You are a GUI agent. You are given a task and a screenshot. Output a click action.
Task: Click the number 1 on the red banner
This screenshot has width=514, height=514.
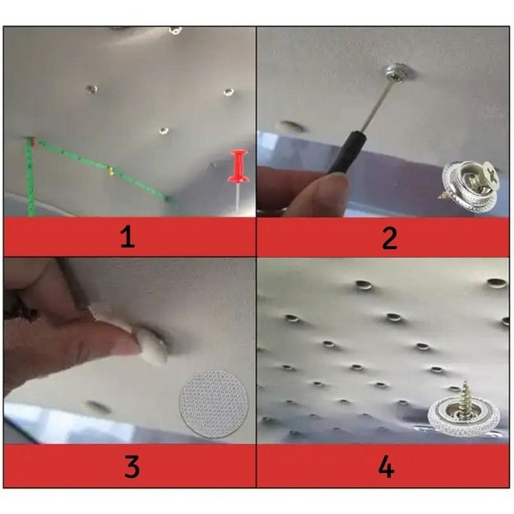pos(127,237)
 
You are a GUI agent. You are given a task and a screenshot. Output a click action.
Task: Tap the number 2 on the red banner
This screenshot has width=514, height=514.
pos(390,238)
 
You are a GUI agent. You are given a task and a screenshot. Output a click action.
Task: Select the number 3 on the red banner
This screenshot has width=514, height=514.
pos(132,466)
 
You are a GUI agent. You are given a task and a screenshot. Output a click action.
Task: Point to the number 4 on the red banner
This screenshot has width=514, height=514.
pos(386,466)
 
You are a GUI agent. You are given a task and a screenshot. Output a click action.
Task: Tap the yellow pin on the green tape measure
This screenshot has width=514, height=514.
pos(110,170)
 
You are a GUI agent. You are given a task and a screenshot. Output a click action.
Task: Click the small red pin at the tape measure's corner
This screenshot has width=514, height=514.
pos(32,141)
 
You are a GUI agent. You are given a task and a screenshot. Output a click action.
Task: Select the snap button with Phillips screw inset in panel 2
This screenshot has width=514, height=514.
pos(470,183)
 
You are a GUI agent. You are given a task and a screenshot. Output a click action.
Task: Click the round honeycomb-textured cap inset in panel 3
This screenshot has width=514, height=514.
pos(214,404)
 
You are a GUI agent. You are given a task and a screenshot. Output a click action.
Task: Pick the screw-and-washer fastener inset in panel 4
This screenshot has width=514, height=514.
pos(464,411)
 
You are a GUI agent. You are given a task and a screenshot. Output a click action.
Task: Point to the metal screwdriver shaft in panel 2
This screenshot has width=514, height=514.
pos(375,105)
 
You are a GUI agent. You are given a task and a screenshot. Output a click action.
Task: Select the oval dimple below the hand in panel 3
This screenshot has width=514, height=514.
pos(98,407)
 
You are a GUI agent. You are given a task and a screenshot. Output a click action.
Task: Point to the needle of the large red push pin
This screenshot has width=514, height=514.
pos(237,196)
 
